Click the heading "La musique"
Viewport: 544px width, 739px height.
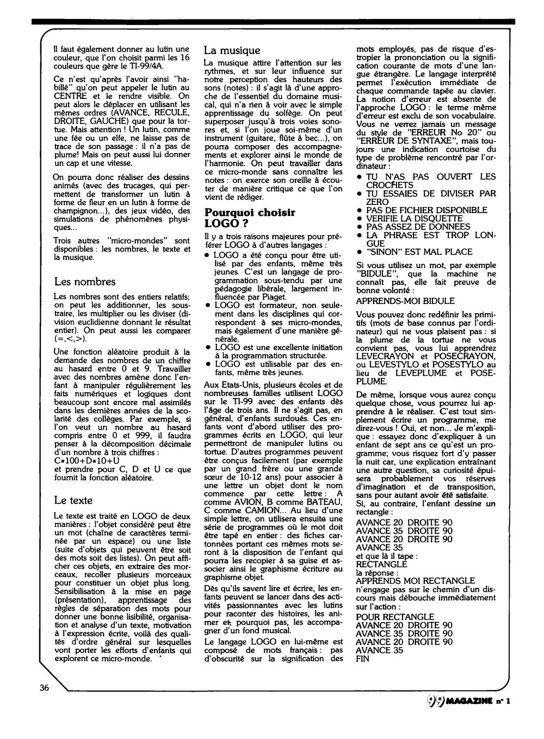(x=232, y=51)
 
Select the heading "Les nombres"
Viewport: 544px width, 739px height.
(x=85, y=281)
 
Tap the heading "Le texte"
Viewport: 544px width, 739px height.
(x=73, y=500)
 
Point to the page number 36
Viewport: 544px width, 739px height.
(x=45, y=687)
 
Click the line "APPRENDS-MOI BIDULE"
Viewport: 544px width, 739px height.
(x=405, y=301)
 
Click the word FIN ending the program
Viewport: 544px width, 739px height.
(x=362, y=658)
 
